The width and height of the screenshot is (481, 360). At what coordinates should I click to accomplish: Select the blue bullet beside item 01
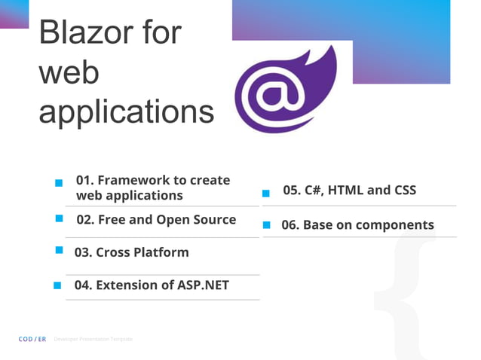(58, 183)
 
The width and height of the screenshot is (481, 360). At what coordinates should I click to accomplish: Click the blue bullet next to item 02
(59, 218)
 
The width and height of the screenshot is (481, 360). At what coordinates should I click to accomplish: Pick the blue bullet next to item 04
(57, 285)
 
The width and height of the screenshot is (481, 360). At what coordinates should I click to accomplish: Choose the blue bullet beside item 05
(265, 194)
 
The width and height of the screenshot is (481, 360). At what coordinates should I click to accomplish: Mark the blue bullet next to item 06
(266, 224)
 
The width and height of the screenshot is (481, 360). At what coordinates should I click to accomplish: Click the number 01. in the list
(85, 180)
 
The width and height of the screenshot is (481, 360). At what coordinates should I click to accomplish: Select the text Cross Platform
(142, 252)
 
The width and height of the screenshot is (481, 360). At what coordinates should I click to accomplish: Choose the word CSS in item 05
(403, 190)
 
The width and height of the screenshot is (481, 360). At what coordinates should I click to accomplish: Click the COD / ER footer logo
(32, 340)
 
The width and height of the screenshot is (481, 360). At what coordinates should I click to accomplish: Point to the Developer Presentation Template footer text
(93, 340)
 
